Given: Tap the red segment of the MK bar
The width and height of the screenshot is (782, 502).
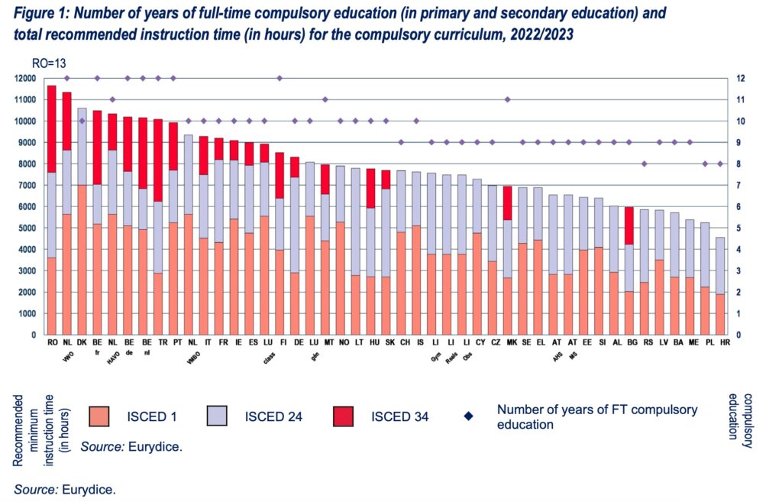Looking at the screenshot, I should [507, 202].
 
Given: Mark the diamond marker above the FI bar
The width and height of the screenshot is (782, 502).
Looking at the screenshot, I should [280, 78].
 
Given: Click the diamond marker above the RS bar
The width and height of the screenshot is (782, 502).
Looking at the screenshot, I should [644, 164].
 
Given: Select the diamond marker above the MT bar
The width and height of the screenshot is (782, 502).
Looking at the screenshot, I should [325, 99].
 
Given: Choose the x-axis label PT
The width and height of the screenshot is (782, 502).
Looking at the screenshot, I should [173, 344].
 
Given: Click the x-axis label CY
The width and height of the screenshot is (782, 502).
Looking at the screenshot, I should [477, 344].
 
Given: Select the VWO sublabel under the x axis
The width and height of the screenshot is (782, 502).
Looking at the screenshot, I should [66, 355].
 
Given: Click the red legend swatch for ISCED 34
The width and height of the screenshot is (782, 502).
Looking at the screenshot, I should [347, 416].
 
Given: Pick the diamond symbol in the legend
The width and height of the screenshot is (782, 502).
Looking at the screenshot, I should [468, 416].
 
